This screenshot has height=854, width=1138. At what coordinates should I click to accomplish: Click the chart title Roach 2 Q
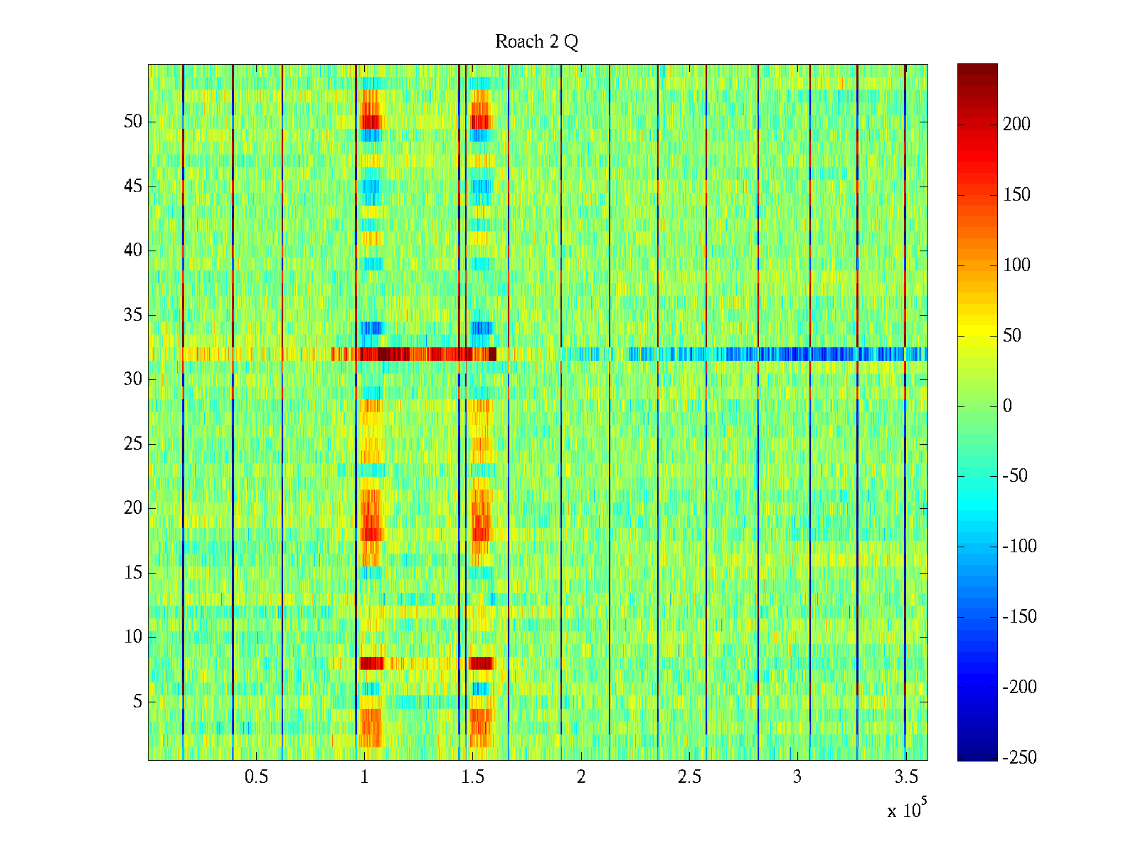tap(536, 42)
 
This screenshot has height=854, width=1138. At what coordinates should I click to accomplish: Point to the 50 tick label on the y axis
tap(133, 122)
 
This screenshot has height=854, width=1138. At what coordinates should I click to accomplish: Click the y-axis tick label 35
tap(133, 315)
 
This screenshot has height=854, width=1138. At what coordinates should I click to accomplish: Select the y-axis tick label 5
tap(137, 702)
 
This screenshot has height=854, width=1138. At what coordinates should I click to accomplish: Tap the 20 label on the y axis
tap(133, 508)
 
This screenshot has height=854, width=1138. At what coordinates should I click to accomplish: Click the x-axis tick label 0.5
tap(256, 777)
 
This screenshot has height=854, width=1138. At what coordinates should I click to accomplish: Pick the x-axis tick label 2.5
tap(689, 777)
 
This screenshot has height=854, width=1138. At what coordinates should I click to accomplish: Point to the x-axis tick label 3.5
tap(905, 777)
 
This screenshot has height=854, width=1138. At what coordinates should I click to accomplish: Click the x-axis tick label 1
tap(364, 777)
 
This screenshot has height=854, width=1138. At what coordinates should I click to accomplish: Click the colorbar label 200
tap(1016, 125)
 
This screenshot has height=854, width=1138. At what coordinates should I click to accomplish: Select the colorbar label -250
tap(1019, 758)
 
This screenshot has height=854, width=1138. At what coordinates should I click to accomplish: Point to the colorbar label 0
tap(1007, 406)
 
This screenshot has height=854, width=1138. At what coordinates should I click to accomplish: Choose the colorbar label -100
tap(1019, 547)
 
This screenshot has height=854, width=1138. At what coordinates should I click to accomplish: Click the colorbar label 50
tap(1012, 336)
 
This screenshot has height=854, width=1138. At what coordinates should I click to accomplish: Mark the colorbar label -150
tap(1019, 617)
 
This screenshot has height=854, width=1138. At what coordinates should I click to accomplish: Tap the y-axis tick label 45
tap(133, 186)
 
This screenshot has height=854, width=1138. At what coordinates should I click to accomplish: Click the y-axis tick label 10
tap(133, 637)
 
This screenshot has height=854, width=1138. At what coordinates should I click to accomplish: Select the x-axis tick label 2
tap(581, 777)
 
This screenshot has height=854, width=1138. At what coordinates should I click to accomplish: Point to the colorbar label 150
tap(1016, 195)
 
